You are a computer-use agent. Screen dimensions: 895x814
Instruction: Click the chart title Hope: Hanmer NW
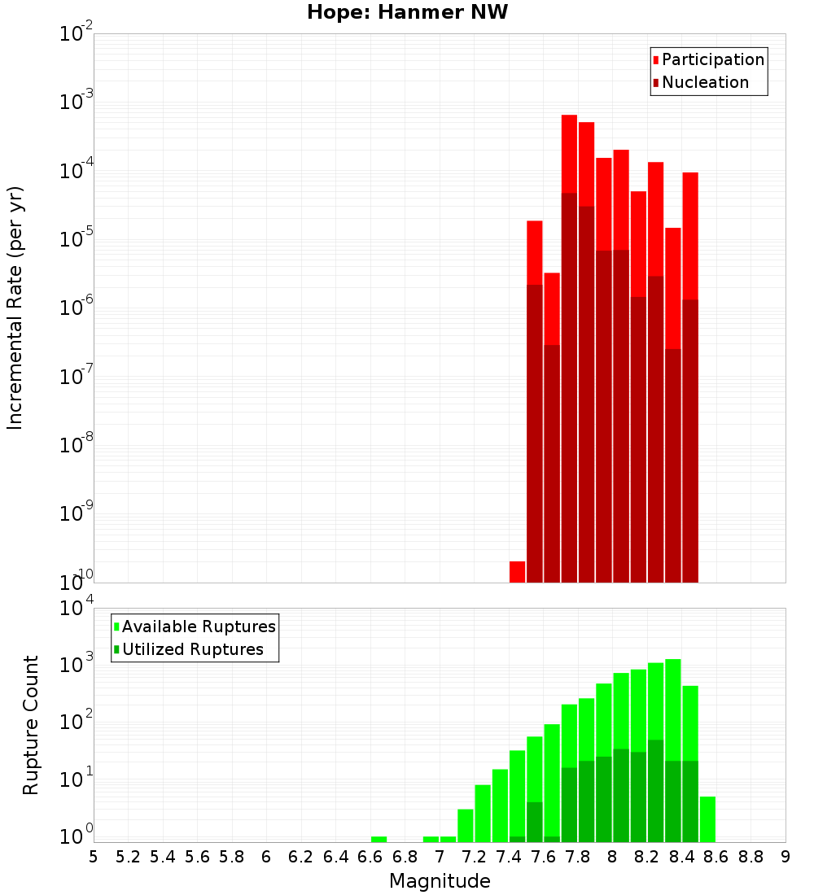407,13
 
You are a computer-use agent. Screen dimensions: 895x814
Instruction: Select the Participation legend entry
712,60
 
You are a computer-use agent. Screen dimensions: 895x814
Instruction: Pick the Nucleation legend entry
704,83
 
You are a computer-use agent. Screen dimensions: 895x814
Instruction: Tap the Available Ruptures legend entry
198,627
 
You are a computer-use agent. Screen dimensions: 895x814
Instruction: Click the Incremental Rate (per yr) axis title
15,308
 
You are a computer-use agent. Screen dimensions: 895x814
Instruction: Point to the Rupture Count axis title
31,725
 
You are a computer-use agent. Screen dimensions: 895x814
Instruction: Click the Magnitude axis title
440,881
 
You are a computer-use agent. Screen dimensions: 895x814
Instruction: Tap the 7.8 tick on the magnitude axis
578,857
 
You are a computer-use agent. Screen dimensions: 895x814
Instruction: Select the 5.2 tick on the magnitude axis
128,857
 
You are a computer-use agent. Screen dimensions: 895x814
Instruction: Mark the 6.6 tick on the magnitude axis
370,857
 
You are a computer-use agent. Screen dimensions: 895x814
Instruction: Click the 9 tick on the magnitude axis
786,857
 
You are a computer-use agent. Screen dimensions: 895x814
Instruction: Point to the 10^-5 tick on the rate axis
77,240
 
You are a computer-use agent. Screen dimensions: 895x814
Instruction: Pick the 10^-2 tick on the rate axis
77,35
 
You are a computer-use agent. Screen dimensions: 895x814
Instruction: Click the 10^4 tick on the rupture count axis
77,609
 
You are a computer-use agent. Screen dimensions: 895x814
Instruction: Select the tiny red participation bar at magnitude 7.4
517,572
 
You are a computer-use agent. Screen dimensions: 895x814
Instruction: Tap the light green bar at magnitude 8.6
707,819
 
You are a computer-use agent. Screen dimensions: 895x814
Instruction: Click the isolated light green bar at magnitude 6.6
379,839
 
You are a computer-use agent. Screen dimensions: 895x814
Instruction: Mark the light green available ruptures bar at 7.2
483,814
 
